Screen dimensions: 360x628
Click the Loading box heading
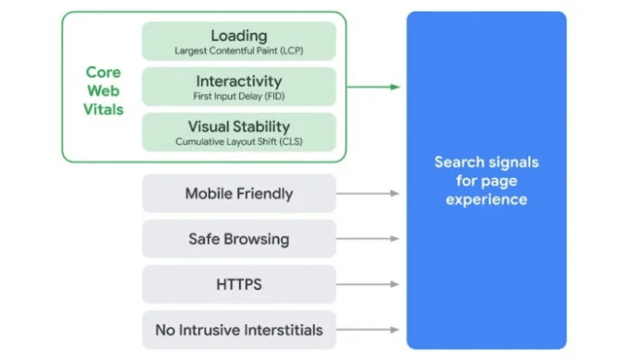pos(238,35)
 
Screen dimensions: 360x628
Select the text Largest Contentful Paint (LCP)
pos(238,51)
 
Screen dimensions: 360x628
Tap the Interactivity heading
pos(238,81)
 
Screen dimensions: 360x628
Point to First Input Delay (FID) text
pos(238,96)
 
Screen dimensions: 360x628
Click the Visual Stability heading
pos(238,126)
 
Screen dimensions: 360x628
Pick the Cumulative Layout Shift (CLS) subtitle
pos(238,141)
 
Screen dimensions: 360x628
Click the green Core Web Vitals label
pos(104,90)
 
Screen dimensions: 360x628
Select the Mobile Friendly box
pos(238,194)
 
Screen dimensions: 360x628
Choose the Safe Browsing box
pos(238,239)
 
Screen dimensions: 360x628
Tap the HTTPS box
pos(238,284)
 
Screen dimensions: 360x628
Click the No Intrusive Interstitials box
pos(238,330)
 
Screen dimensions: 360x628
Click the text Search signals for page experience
pos(486,180)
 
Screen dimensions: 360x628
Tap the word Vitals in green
pos(104,109)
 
